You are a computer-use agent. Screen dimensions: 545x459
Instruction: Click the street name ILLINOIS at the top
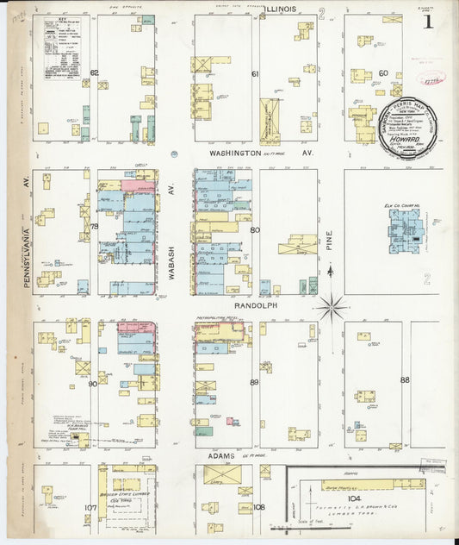280,8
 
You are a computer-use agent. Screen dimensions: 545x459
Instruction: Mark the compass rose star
331,305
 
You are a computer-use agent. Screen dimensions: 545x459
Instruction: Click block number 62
94,73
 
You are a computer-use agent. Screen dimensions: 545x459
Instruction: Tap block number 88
404,379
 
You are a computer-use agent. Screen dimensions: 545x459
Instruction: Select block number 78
96,226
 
